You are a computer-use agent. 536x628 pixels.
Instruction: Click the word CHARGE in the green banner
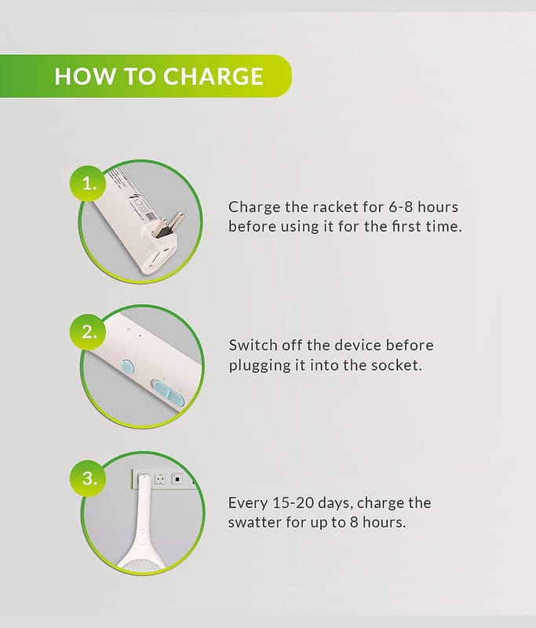click(x=213, y=75)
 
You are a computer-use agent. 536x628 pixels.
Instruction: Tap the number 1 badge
click(x=89, y=184)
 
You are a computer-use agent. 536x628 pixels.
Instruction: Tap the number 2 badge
click(x=89, y=332)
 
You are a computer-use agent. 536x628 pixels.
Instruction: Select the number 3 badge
click(x=89, y=478)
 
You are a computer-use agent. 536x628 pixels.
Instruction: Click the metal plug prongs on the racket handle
click(x=170, y=225)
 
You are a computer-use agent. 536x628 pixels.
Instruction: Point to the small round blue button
click(x=128, y=366)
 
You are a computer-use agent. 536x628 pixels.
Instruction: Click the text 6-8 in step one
click(x=400, y=207)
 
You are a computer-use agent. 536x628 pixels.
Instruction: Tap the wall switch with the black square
click(x=177, y=479)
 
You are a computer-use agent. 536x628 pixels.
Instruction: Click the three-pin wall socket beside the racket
click(x=160, y=479)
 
